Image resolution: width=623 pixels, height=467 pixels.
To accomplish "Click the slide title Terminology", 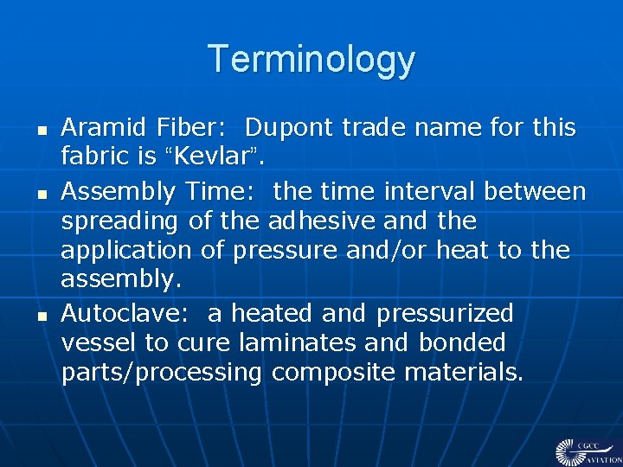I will point(311,60).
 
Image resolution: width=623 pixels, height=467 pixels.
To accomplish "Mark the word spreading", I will point(120,221).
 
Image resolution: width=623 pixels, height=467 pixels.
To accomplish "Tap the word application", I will point(125,251).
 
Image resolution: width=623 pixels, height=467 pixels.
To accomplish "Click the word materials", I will point(461,373).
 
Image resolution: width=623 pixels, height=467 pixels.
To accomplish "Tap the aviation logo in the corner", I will point(587,451).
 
